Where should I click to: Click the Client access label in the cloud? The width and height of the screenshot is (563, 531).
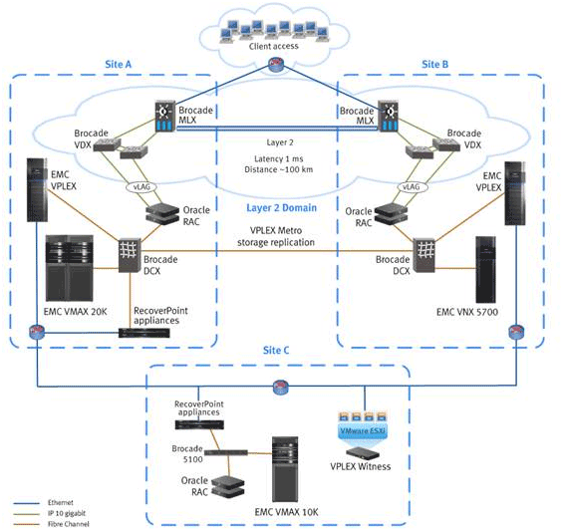coord(281,45)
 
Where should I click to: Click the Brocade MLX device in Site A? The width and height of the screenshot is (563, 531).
coord(163,120)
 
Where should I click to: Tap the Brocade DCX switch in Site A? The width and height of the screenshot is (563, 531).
coord(129,256)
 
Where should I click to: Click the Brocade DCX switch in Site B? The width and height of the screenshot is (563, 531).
coord(428,255)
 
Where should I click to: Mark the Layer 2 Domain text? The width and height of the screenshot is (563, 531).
coord(280,208)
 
